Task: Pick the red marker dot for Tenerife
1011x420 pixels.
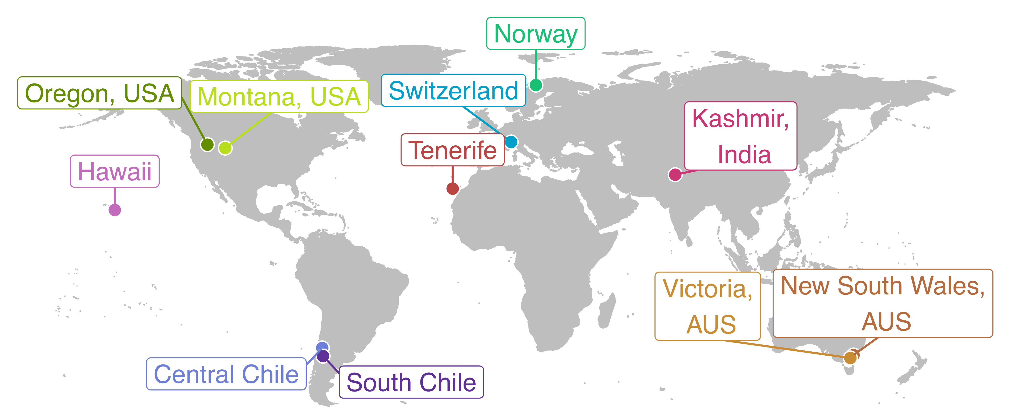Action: coord(453,189)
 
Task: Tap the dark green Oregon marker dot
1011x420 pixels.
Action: coord(207,145)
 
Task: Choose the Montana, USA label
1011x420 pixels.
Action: coord(279,97)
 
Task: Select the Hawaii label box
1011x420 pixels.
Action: coord(115,171)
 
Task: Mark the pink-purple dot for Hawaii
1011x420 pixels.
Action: coord(115,210)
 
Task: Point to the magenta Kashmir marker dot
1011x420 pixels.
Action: coord(675,175)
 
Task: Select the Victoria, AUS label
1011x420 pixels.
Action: coord(707,306)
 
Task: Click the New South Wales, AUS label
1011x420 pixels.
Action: coord(883,303)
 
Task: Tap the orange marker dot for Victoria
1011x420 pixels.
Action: coord(850,358)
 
